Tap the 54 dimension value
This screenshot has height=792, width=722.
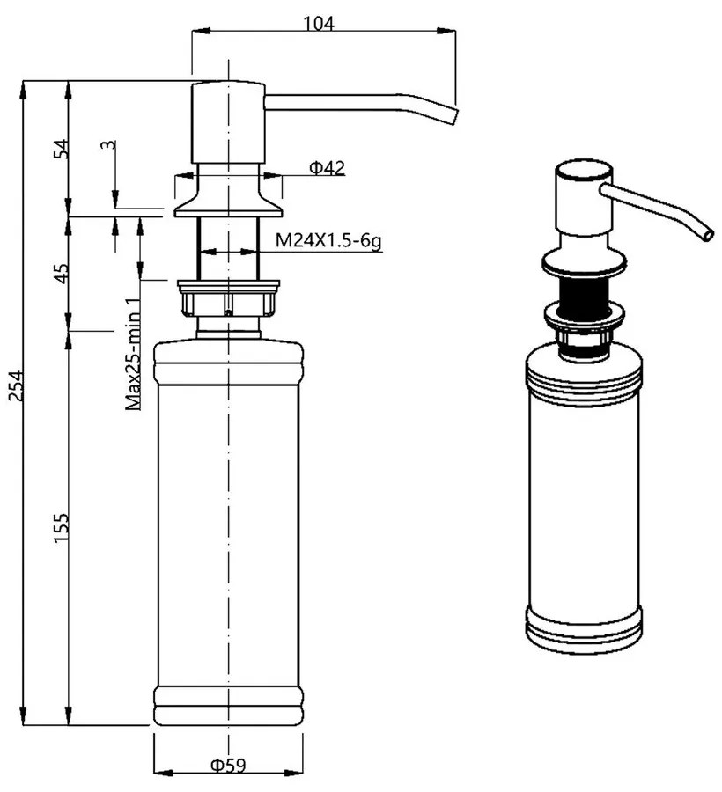point(61,147)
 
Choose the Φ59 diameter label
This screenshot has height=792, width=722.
point(227,766)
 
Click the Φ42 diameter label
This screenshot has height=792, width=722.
point(326,168)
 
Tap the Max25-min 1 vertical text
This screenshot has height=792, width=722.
point(133,356)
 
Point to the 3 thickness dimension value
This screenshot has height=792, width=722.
point(106,145)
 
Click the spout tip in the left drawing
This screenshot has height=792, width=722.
point(452,116)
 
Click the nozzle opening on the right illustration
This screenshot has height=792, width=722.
point(708,235)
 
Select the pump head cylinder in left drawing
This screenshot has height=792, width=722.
point(227,123)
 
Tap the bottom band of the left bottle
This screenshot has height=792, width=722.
point(228,708)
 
